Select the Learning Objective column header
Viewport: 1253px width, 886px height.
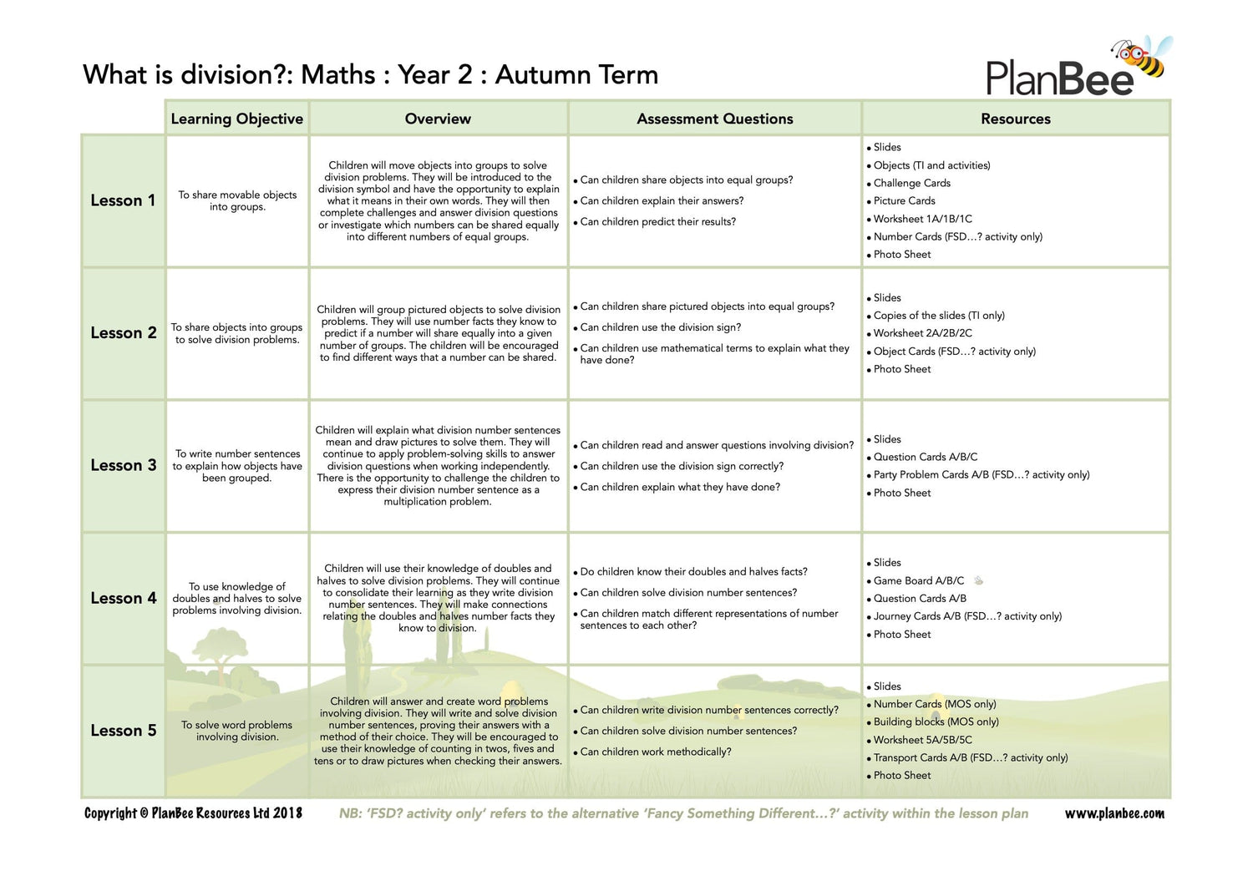click(x=237, y=119)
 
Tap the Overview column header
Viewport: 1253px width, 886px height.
click(x=438, y=119)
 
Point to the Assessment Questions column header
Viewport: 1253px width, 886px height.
click(x=715, y=119)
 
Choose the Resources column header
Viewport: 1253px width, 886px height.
click(x=1016, y=119)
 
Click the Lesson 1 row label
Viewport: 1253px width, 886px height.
click(x=123, y=200)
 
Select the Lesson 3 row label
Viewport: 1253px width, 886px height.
click(x=123, y=465)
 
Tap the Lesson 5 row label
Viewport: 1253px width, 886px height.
click(x=123, y=731)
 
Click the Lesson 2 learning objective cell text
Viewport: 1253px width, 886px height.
click(x=237, y=333)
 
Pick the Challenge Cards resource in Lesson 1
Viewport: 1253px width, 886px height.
click(x=911, y=183)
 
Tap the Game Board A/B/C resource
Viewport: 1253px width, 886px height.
click(x=918, y=580)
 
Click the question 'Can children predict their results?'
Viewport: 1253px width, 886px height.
click(x=657, y=221)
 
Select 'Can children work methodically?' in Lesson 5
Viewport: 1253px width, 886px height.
click(x=655, y=752)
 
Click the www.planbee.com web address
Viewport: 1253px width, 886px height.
click(x=1114, y=813)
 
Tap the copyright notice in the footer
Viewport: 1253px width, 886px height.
click(x=193, y=813)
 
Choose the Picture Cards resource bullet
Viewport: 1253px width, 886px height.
click(x=904, y=200)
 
